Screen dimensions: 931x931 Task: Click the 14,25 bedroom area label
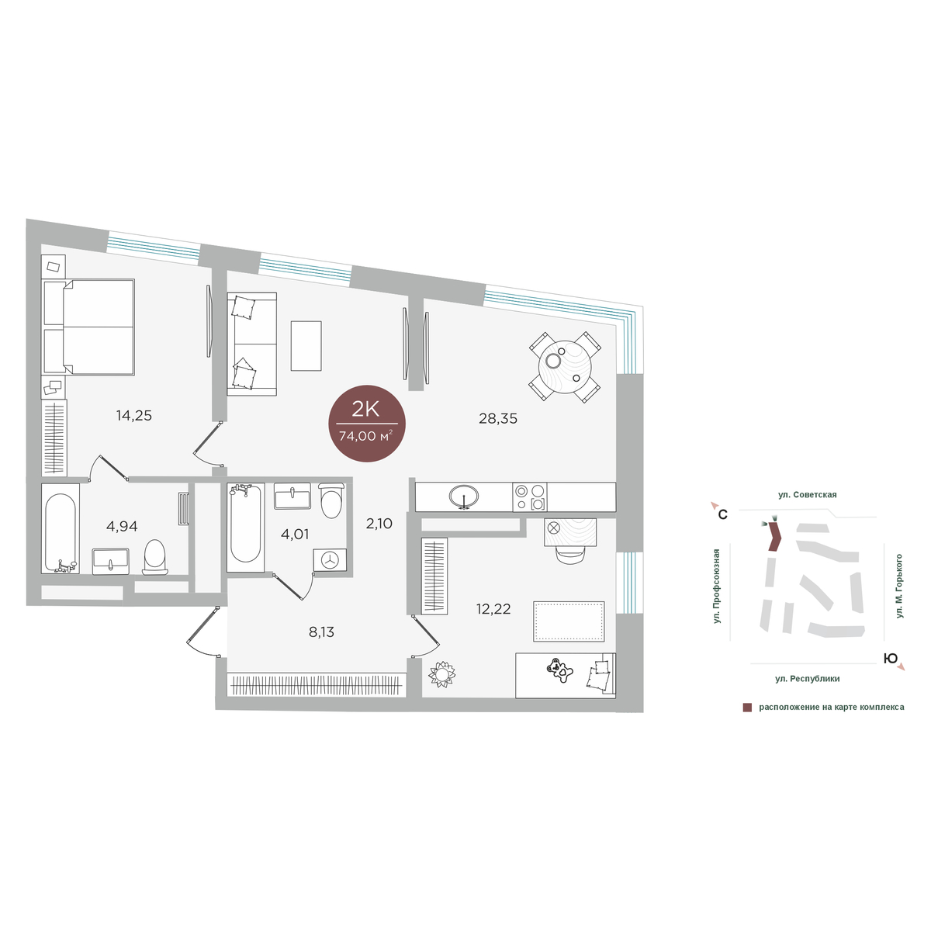(x=133, y=416)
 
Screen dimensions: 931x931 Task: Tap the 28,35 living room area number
(x=497, y=418)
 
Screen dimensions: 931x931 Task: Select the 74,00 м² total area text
(x=365, y=436)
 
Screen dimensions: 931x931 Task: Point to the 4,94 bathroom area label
(x=122, y=526)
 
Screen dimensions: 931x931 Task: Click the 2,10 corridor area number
(x=379, y=523)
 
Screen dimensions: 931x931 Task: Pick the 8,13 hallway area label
(x=321, y=632)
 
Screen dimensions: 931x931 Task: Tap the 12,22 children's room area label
(x=493, y=609)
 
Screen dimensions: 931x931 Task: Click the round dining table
(x=565, y=368)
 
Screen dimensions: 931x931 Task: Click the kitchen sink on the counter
(x=464, y=497)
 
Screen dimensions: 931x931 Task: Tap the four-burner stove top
(x=530, y=497)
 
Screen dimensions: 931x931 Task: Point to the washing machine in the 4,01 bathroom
(x=330, y=560)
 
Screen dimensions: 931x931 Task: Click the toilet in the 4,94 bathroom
(x=155, y=557)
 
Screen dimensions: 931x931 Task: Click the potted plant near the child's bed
(x=442, y=673)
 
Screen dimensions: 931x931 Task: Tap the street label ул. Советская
(x=807, y=495)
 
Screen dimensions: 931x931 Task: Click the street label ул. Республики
(x=808, y=679)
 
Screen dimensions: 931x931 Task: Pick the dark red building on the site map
(x=775, y=536)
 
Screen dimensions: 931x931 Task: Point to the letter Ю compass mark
(x=890, y=658)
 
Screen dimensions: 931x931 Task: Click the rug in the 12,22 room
(x=569, y=621)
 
